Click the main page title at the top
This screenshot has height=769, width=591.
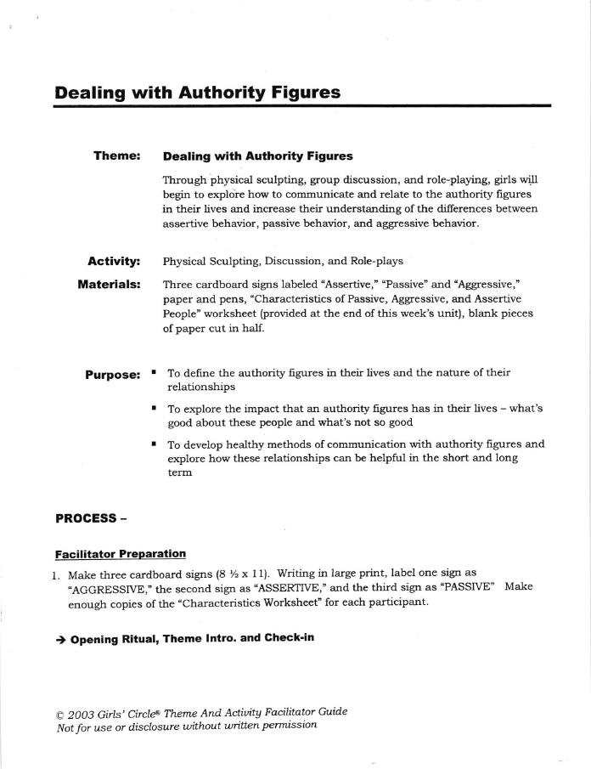pos(197,92)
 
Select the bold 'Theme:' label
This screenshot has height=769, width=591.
pos(116,156)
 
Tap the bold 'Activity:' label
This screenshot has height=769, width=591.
pos(114,261)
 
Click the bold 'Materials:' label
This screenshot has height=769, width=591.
pos(109,284)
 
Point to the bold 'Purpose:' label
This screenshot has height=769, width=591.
pos(112,375)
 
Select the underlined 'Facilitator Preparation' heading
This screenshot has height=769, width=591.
pos(120,554)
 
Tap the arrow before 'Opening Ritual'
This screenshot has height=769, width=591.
pos(60,638)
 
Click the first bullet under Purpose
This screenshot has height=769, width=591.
pos(154,372)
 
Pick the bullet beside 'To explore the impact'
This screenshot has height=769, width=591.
pos(154,408)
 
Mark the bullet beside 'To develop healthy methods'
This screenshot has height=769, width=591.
pos(154,444)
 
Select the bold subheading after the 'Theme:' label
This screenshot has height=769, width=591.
pos(257,156)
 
